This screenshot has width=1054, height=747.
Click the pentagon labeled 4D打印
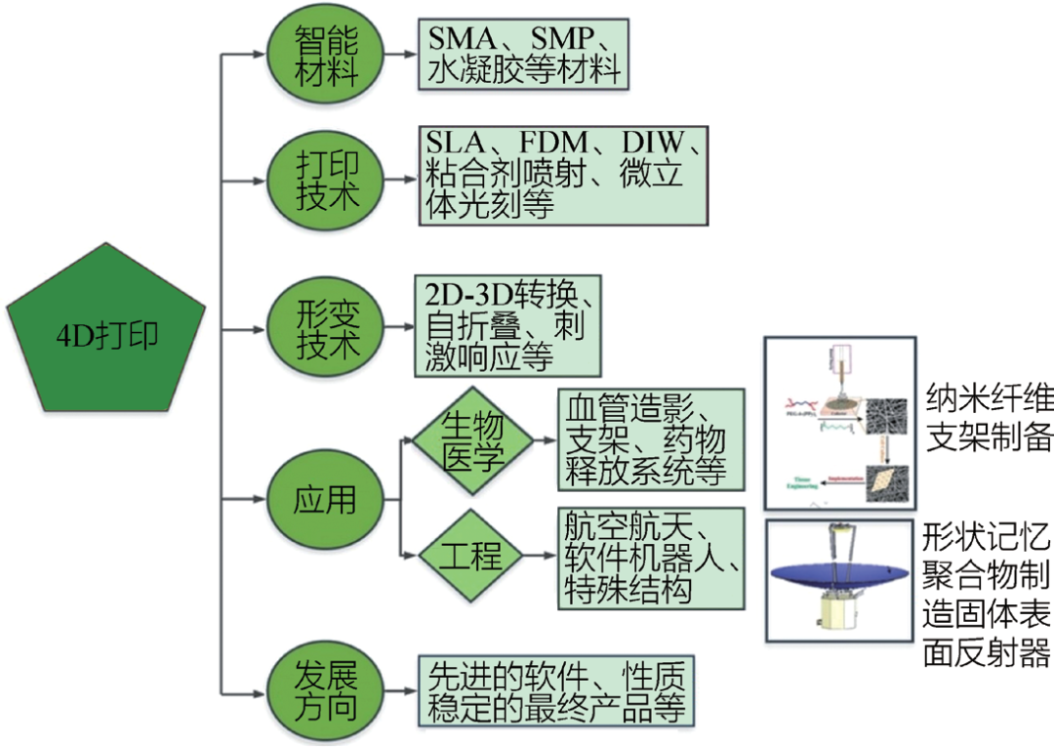106,332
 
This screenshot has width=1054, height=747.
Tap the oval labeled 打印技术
326,181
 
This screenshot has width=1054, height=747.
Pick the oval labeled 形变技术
326,329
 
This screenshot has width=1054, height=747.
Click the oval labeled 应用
326,500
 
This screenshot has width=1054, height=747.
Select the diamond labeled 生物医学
472,441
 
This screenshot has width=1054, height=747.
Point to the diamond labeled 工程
472,557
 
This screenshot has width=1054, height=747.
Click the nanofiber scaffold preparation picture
840,423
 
